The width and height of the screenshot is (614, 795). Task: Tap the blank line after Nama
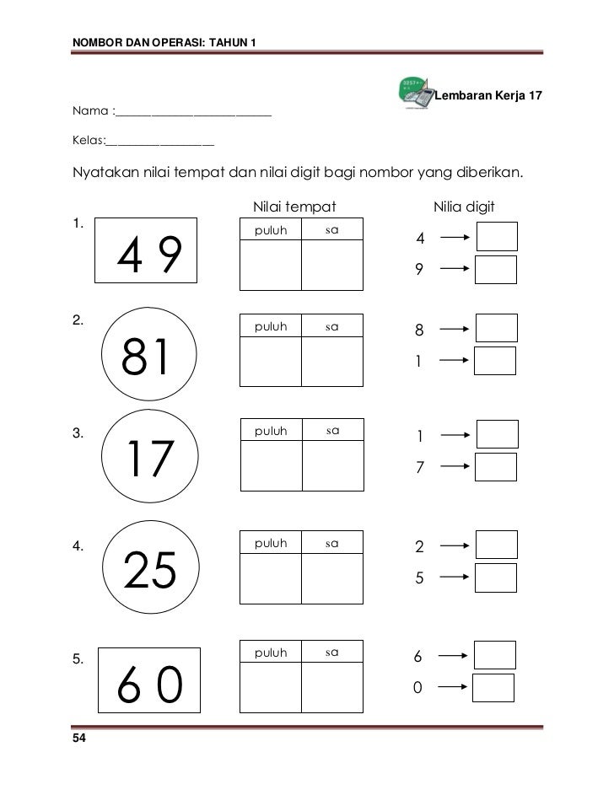(x=193, y=113)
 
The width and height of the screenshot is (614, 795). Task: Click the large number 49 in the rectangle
(x=148, y=256)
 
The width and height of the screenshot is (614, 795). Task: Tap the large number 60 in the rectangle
(x=149, y=688)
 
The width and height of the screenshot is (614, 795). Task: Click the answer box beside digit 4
(x=497, y=237)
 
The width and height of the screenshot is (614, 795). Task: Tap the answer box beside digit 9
(x=496, y=270)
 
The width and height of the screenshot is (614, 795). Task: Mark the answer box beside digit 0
(x=493, y=687)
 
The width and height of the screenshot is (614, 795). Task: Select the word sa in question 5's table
(x=332, y=652)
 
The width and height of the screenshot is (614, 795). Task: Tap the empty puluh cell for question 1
(x=271, y=266)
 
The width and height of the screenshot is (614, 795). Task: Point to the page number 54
(x=79, y=739)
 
